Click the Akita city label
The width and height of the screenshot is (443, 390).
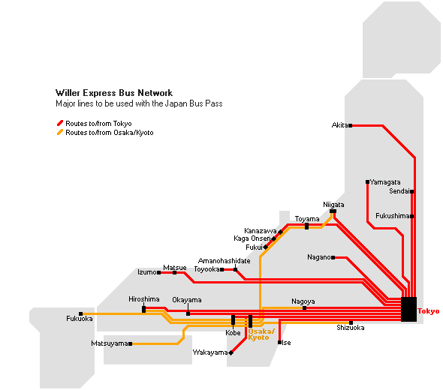(x=339, y=125)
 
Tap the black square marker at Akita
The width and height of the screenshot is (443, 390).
(x=351, y=125)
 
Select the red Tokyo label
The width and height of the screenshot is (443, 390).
(x=428, y=311)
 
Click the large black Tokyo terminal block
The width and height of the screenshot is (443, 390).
(x=408, y=309)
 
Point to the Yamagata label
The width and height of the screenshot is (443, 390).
(x=385, y=182)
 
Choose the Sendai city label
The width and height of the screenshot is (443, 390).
(x=399, y=191)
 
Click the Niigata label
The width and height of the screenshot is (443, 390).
(x=333, y=205)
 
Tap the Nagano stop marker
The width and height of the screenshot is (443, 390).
(x=333, y=258)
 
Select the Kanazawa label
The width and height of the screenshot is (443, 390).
(x=261, y=231)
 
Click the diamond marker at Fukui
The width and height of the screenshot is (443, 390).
(x=266, y=247)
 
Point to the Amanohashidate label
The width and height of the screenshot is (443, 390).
(x=224, y=261)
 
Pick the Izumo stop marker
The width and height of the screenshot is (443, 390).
(x=159, y=272)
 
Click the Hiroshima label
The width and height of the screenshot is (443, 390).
(x=144, y=299)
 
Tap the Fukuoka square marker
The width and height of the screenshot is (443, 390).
(x=81, y=313)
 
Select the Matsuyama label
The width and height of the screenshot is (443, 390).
(x=110, y=343)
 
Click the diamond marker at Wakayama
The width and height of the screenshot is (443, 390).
(x=231, y=352)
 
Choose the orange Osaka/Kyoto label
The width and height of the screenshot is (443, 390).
(x=261, y=334)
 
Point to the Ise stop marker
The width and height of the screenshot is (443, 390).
(x=280, y=342)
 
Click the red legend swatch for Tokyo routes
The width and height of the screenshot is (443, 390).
(x=60, y=123)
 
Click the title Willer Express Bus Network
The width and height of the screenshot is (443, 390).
(x=114, y=93)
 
